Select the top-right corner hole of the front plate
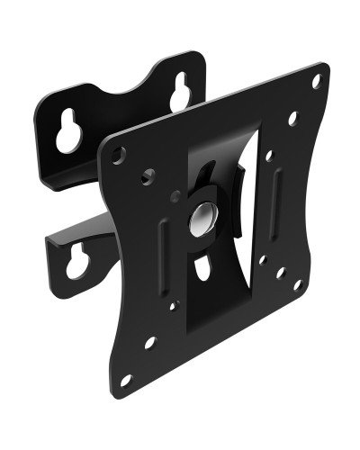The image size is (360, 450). [316, 81]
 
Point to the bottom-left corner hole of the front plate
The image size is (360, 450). [127, 378]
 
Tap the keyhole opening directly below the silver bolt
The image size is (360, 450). [203, 266]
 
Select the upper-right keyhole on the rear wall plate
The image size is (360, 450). [180, 91]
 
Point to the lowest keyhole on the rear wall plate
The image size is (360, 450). [76, 261]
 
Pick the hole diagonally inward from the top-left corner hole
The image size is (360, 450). [147, 176]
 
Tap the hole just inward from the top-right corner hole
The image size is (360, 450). [292, 118]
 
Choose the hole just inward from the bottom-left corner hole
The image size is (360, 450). [149, 342]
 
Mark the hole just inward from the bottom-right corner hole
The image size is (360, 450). [280, 272]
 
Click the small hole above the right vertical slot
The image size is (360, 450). [268, 156]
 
